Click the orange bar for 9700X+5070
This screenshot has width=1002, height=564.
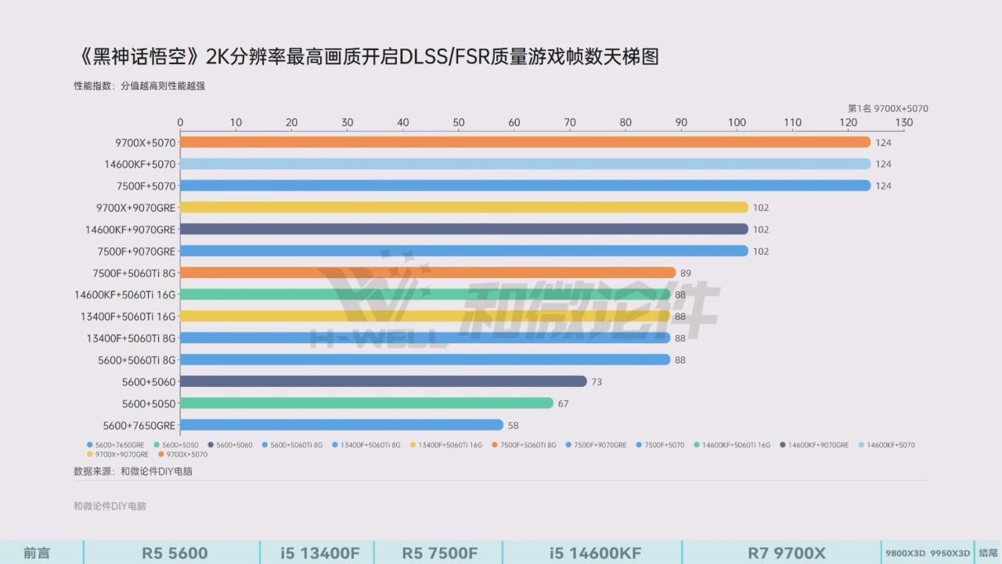[524, 143]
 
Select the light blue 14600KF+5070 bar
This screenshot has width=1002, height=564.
[524, 164]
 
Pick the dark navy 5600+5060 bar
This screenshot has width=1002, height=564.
[383, 381]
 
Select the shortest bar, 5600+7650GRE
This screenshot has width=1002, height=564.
[341, 425]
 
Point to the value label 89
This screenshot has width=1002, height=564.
[685, 273]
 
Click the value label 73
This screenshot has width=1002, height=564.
[597, 381]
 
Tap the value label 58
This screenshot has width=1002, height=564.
[514, 425]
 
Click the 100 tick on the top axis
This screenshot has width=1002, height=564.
[737, 123]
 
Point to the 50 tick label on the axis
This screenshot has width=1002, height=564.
[459, 123]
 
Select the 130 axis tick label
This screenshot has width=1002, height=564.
[904, 123]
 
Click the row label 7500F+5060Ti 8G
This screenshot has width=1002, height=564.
[134, 273]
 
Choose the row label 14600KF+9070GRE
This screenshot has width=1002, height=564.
[131, 230]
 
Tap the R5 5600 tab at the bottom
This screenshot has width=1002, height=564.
[175, 553]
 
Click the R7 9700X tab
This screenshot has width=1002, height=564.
[786, 553]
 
